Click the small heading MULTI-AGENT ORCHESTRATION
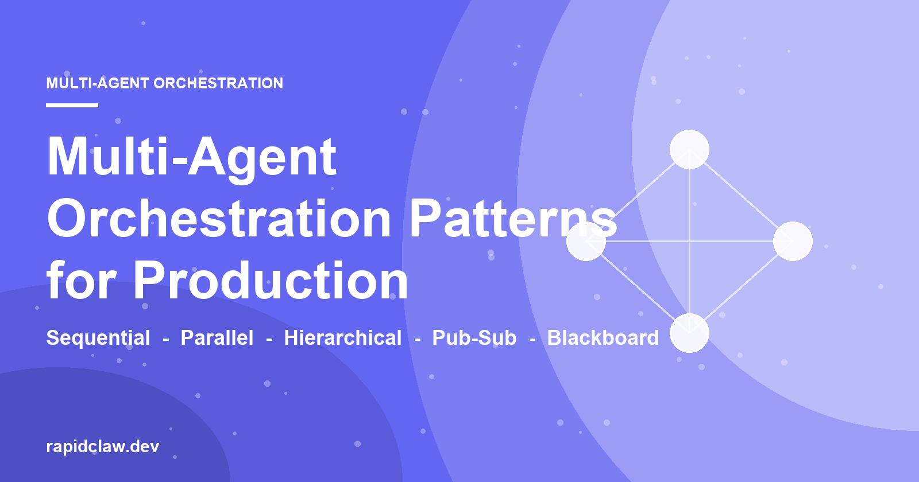point(164,83)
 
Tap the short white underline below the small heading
point(72,106)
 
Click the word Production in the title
point(271,281)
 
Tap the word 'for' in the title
point(81,281)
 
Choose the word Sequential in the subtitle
point(98,338)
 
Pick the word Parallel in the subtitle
point(217,338)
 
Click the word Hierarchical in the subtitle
point(343,338)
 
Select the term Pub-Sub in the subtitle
point(474,338)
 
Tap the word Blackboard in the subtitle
point(603,338)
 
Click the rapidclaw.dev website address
point(103,446)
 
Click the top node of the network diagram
point(690,150)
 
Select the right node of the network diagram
point(793,242)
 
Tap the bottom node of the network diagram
point(690,333)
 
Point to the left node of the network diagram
point(586,242)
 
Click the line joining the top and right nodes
point(742,196)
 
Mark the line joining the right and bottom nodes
point(742,287)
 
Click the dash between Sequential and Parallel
point(166,339)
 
